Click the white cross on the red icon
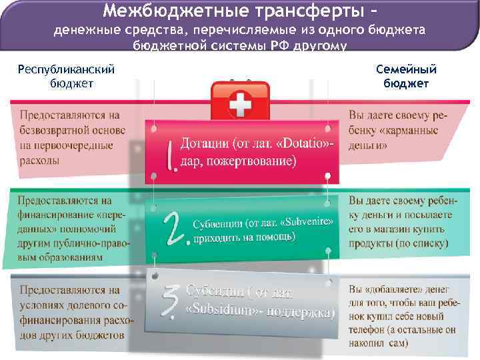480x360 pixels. pos(239,103)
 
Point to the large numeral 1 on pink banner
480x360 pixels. pos(171,154)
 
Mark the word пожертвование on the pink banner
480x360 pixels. pos(255,161)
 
